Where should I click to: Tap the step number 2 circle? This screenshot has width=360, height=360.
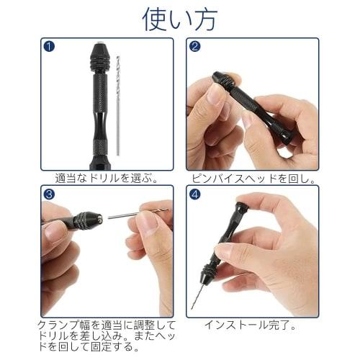click(195, 47)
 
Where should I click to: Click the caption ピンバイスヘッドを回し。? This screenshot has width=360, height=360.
click(254, 177)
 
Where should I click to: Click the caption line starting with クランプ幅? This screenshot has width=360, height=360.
click(107, 325)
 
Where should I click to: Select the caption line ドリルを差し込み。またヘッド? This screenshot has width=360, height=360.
click(107, 337)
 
